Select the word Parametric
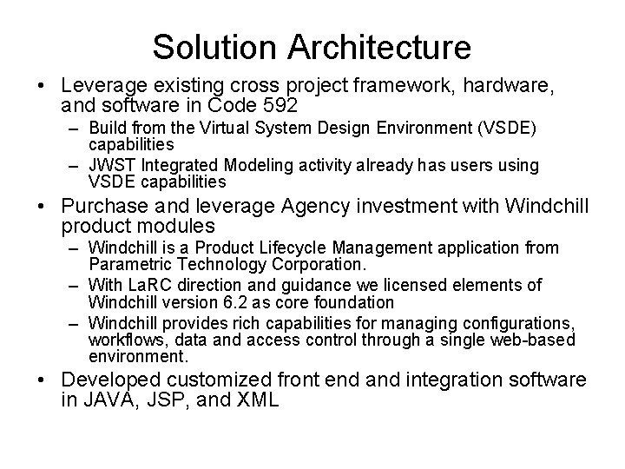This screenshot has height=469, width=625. click(x=127, y=263)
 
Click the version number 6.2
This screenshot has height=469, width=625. click(x=214, y=301)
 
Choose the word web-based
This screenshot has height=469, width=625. click(x=536, y=340)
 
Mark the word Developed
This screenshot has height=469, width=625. click(x=112, y=380)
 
